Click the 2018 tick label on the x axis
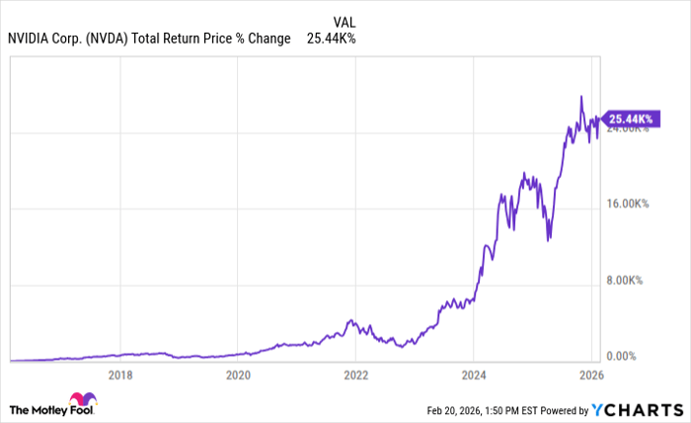click(120, 375)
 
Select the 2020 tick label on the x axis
click(238, 375)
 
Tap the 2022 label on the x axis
click(356, 375)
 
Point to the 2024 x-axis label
click(474, 375)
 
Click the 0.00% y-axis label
click(623, 356)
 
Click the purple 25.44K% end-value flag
click(630, 120)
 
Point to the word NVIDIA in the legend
click(32, 39)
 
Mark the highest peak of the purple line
click(581, 97)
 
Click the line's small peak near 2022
click(351, 320)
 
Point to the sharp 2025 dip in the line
click(548, 238)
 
